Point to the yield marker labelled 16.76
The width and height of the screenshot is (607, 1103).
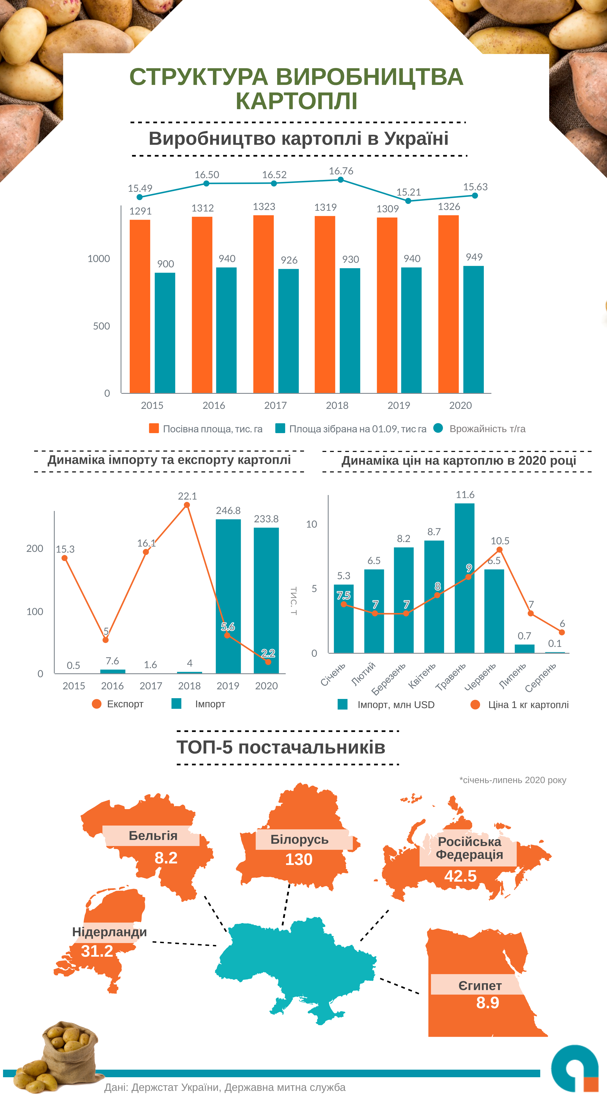click(x=340, y=180)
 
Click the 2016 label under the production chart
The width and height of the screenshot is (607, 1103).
click(x=213, y=406)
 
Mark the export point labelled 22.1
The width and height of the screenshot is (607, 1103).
click(x=187, y=505)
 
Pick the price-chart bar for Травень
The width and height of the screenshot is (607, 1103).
click(x=464, y=578)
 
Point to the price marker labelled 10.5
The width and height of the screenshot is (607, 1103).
click(x=500, y=550)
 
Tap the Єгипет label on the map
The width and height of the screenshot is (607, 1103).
click(x=480, y=986)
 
